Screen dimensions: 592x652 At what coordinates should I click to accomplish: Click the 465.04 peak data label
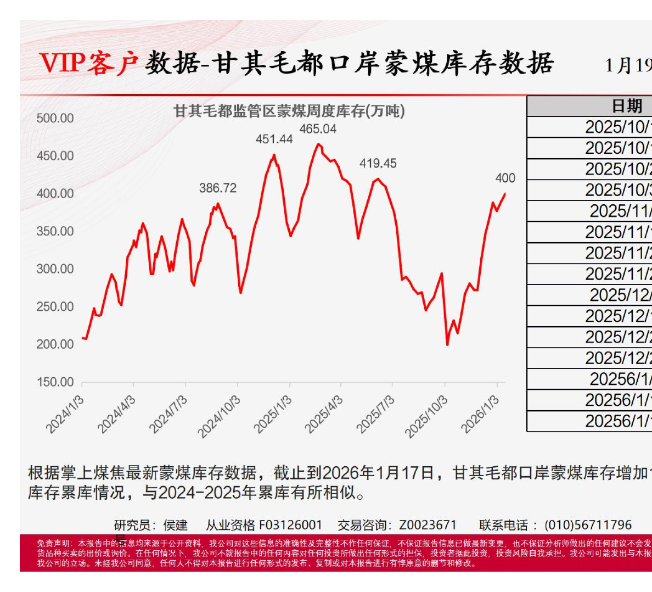tap(318, 129)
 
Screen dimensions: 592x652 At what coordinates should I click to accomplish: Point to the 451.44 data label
tap(274, 139)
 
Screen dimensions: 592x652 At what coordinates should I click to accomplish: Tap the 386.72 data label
tap(218, 188)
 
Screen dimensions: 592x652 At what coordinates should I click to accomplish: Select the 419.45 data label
tap(378, 164)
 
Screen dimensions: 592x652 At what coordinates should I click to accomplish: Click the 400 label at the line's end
tap(505, 178)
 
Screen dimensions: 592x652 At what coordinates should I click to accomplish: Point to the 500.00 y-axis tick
tap(55, 119)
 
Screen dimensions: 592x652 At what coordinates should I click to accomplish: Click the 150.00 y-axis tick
tap(55, 382)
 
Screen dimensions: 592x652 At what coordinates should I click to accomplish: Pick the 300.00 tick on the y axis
tap(55, 269)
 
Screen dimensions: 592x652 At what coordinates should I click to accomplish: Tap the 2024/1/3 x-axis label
tap(65, 415)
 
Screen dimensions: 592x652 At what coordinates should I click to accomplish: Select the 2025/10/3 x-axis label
tap(427, 416)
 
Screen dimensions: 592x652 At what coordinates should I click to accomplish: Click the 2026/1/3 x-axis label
tap(480, 415)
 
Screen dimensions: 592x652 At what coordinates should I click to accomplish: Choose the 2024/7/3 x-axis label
tap(168, 415)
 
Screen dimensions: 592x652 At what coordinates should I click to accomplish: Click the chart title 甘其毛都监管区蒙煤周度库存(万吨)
tap(289, 111)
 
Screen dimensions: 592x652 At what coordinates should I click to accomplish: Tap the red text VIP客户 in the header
tap(89, 63)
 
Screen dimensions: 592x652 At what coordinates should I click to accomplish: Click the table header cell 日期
tap(627, 106)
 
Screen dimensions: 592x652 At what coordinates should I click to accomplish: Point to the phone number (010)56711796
tap(588, 525)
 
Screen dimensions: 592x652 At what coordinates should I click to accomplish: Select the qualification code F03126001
tap(290, 525)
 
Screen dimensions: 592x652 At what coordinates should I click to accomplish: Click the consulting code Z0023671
tap(428, 525)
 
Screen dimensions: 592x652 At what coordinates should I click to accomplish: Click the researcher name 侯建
tap(176, 525)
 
